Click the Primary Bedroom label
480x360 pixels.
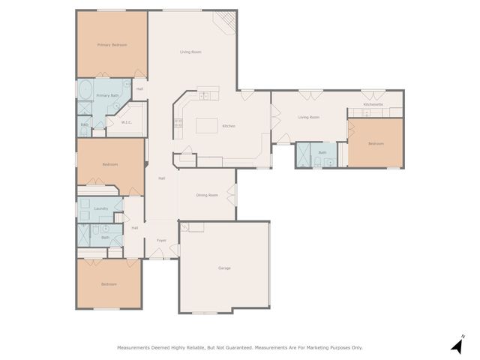click(x=112, y=45)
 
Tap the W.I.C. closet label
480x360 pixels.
click(x=127, y=122)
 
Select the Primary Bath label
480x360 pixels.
click(x=109, y=95)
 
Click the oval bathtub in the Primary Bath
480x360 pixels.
click(x=85, y=91)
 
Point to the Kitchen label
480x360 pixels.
click(x=229, y=126)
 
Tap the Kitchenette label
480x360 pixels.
click(x=373, y=104)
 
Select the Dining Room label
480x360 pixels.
click(x=207, y=195)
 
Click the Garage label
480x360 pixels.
click(x=224, y=268)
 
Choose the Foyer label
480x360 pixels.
click(x=161, y=241)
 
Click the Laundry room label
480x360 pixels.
click(x=100, y=208)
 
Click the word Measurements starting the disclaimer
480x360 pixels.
click(x=136, y=347)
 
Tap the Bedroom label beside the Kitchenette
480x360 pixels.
click(x=376, y=143)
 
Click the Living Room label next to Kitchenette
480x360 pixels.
click(x=308, y=117)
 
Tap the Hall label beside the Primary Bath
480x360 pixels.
click(x=139, y=89)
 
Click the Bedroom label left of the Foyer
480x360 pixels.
click(x=109, y=284)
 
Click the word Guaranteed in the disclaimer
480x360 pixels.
click(x=233, y=347)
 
